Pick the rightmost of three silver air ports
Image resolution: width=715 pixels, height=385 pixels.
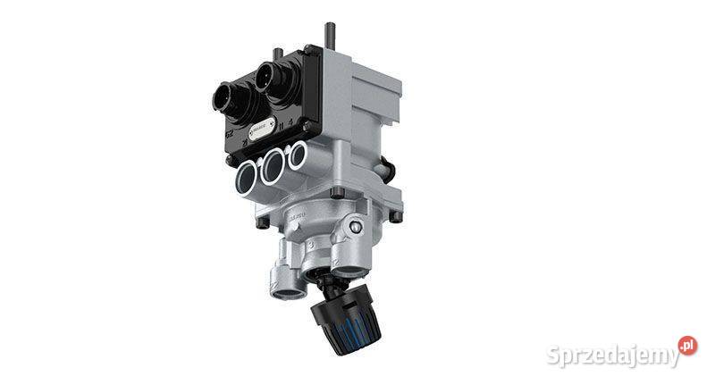(x=297, y=155)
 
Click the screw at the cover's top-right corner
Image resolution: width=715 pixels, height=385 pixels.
(x=309, y=51)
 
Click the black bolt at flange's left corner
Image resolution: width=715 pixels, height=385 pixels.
(x=260, y=223)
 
